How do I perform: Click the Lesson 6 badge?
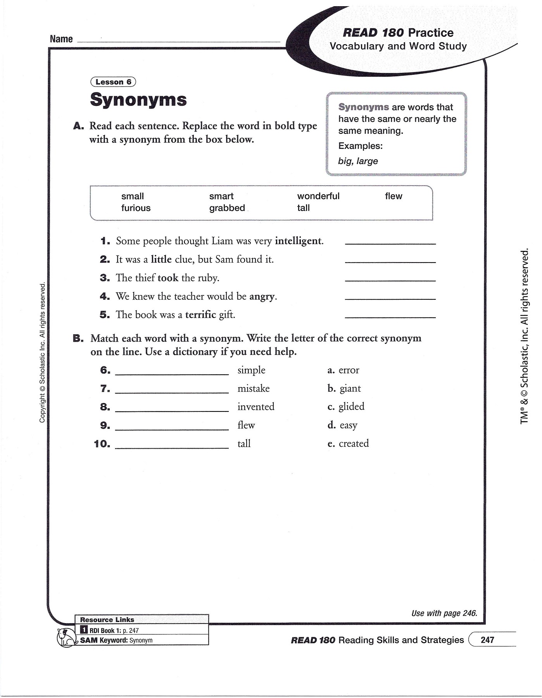113,82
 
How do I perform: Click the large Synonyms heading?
138,100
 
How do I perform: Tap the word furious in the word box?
136,208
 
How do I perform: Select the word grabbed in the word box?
227,208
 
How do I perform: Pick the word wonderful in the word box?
318,196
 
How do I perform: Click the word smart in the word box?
221,196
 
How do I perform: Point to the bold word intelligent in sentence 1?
298,241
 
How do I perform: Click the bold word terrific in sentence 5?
200,315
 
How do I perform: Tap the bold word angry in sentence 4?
262,297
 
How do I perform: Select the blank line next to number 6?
172,373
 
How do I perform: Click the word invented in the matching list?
256,407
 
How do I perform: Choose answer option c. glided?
346,406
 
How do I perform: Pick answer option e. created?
348,444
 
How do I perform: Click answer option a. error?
343,370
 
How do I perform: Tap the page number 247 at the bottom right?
487,640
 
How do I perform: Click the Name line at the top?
178,40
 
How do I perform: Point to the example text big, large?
358,161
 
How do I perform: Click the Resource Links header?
107,620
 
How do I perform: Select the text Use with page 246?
444,613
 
